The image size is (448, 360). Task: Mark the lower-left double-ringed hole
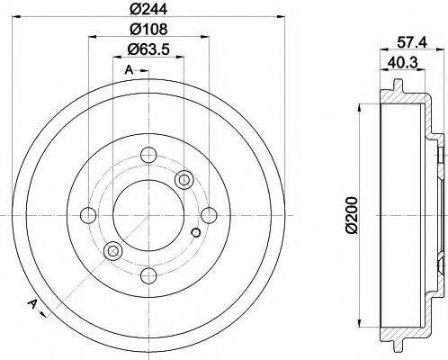pos(112,250)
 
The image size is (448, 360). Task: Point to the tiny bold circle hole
pos(196,236)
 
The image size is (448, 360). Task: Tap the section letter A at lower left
pos(32,302)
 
